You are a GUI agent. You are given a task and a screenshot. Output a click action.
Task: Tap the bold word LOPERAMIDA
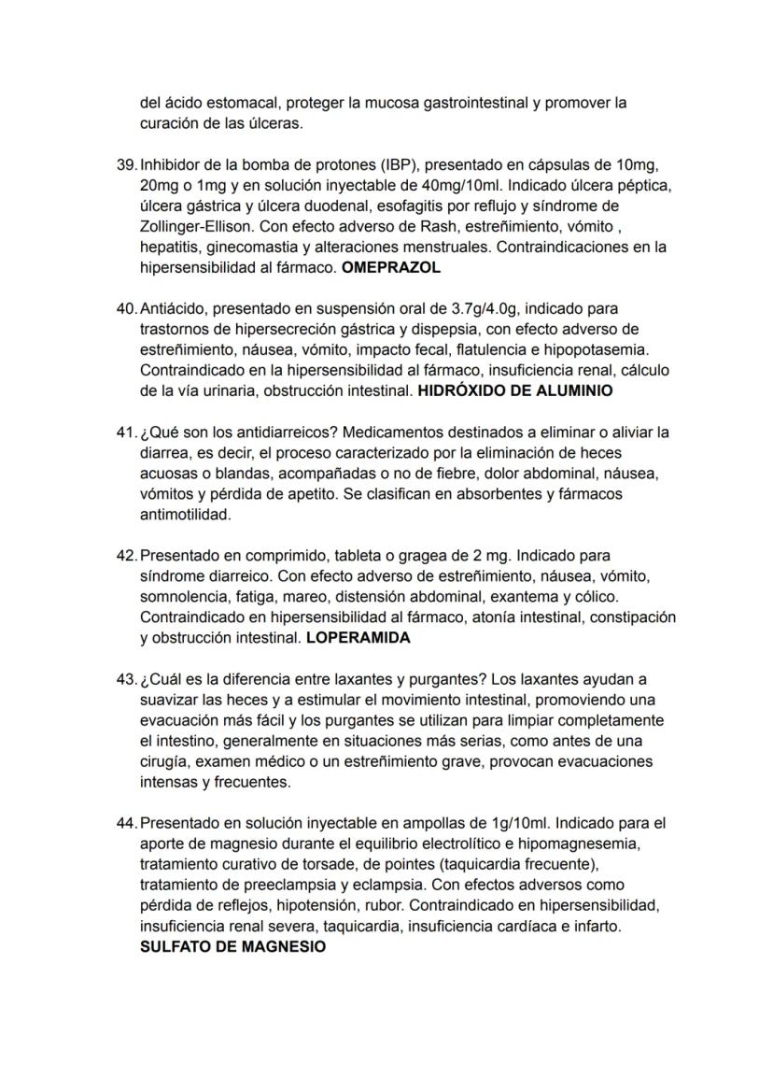[358, 639]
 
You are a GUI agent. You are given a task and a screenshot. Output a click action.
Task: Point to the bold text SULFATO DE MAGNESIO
[233, 946]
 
